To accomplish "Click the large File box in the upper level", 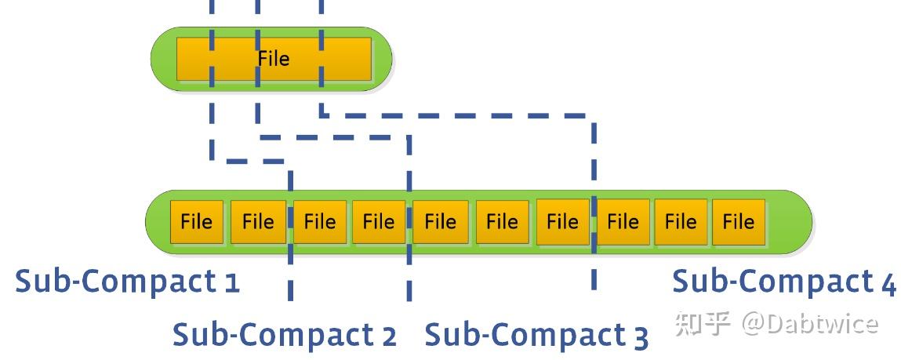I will click(x=274, y=59).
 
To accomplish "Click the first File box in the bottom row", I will click(x=197, y=222).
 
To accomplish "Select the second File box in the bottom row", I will click(x=258, y=222).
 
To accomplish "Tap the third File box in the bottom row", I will click(x=319, y=222).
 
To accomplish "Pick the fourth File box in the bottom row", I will click(x=379, y=222).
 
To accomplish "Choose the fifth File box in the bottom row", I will click(x=440, y=222).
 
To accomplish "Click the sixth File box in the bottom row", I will click(x=502, y=222).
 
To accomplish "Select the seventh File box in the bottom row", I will click(x=562, y=222).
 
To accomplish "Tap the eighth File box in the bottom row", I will click(x=623, y=222).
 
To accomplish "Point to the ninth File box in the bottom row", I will click(x=681, y=222).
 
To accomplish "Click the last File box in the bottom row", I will click(x=738, y=222).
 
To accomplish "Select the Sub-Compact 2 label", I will click(x=284, y=335).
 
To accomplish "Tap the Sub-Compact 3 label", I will click(x=536, y=336).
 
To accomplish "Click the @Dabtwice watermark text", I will click(x=810, y=323).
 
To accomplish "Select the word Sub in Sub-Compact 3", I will click(x=449, y=335).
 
